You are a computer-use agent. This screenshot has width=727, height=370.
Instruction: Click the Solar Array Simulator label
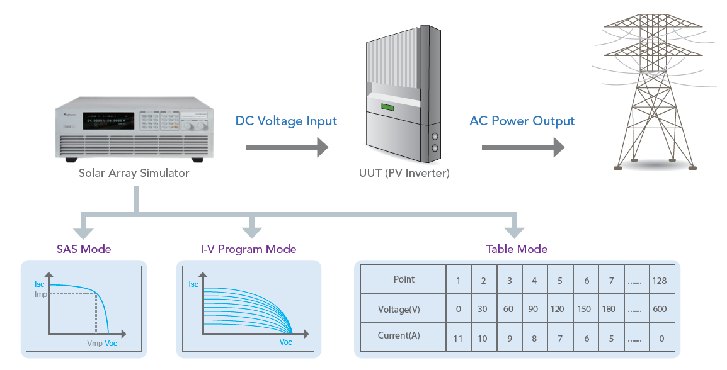[134, 173]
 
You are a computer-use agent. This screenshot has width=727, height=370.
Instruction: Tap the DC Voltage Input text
[286, 121]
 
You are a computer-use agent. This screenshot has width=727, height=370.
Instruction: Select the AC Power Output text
[522, 121]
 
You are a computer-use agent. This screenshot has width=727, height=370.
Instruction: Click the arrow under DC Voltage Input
[287, 147]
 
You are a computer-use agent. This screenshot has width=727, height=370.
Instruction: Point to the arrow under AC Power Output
[522, 147]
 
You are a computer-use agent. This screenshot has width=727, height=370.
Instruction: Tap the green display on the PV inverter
[387, 107]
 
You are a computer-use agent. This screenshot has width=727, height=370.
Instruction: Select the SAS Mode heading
[84, 249]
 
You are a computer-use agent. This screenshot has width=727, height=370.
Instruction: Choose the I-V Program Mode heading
[248, 249]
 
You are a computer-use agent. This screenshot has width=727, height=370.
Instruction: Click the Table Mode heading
[517, 249]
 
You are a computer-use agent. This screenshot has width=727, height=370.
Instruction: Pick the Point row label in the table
[404, 279]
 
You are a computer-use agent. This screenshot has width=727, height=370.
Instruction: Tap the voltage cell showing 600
[660, 309]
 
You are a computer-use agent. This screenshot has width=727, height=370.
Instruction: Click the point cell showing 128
[660, 281]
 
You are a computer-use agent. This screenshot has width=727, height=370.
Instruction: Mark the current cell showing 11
[458, 339]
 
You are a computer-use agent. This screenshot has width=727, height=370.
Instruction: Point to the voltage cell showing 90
[534, 309]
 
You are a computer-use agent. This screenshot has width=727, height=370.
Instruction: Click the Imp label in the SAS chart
[40, 294]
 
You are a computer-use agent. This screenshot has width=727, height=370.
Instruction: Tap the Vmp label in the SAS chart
[94, 344]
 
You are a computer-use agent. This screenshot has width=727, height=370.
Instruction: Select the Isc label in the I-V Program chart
[193, 285]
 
